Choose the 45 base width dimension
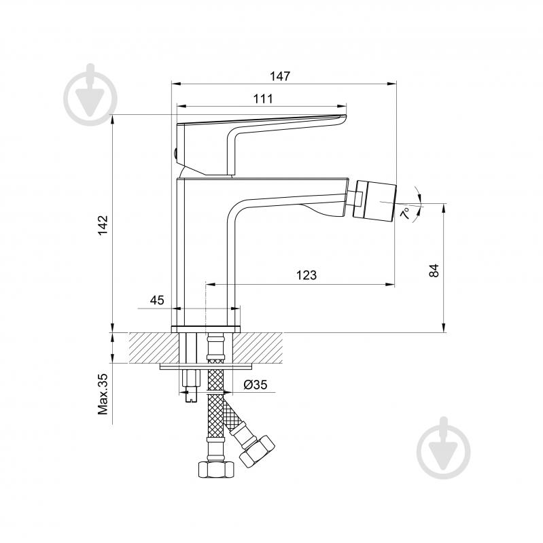coord(157,300)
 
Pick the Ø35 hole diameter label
coord(255,385)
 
